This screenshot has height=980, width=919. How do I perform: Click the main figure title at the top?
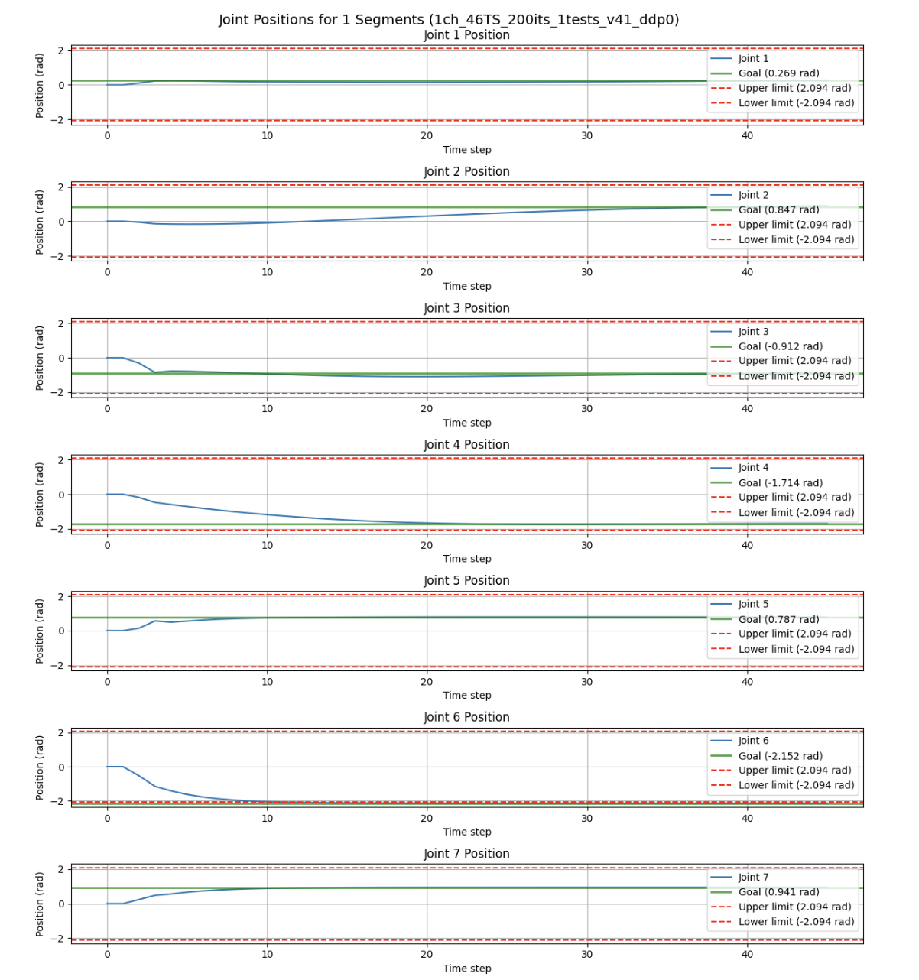[449, 19]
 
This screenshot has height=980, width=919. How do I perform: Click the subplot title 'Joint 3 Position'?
[466, 308]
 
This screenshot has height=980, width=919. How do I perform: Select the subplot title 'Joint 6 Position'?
[466, 717]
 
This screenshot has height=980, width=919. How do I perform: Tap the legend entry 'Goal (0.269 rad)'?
[778, 73]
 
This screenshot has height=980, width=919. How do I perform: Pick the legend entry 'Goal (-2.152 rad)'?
[780, 756]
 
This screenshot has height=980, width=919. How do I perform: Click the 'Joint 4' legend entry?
[753, 468]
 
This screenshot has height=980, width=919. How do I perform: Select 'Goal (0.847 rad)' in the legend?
[778, 210]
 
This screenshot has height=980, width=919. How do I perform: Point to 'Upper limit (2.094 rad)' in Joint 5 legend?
[794, 634]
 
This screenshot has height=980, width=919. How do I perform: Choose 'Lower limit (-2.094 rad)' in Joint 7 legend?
[796, 922]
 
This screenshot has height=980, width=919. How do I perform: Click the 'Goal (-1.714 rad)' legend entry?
[780, 483]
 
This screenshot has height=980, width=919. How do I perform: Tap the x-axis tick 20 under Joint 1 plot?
[427, 135]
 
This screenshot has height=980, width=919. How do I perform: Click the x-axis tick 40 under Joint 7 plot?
[747, 954]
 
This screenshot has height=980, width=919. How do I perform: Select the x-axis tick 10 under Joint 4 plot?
[267, 545]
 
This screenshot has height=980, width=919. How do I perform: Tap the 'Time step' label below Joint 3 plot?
[466, 423]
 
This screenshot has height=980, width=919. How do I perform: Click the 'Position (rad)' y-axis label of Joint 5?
[40, 631]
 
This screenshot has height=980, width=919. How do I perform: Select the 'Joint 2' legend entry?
[753, 195]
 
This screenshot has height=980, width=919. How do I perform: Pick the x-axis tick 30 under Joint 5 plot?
[586, 682]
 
